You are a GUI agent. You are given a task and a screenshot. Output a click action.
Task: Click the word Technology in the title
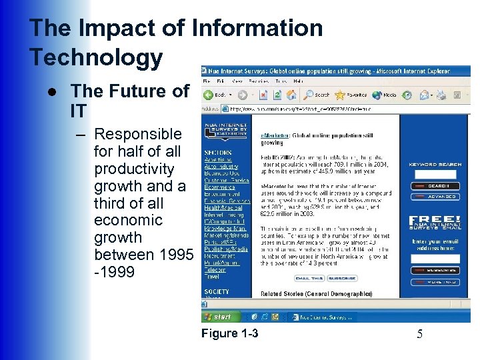point(96,57)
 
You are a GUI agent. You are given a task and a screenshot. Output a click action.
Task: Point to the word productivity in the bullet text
point(134,169)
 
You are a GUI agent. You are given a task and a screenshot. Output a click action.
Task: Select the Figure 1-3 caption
point(229,333)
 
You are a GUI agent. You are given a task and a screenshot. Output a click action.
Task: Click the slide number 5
point(419,334)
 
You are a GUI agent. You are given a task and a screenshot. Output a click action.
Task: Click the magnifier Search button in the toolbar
point(317,95)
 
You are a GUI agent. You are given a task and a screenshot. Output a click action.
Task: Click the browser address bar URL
point(300,107)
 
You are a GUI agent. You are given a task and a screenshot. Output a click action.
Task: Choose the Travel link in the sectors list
point(212,276)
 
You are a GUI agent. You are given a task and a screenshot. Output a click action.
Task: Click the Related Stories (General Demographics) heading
point(316,294)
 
